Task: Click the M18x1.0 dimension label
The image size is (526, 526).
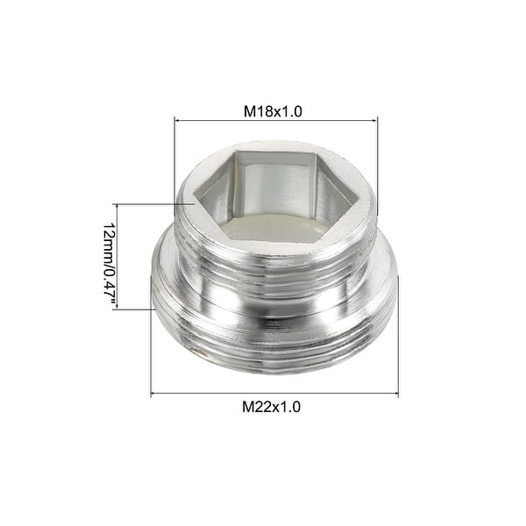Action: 276,112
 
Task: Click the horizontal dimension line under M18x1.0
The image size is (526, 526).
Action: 276,122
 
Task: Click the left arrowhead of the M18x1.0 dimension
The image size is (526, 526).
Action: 177,122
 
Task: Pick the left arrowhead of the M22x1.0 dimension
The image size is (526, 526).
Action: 154,394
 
